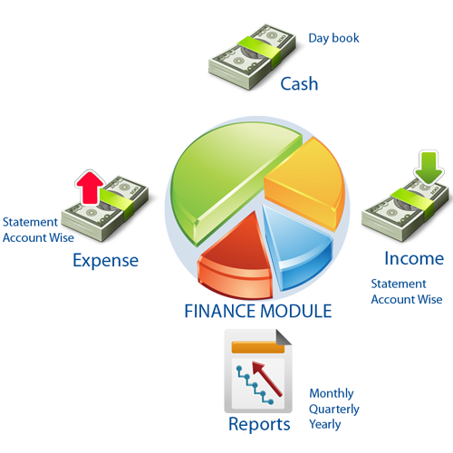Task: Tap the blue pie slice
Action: pyautogui.click(x=296, y=245)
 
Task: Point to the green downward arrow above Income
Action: pyautogui.click(x=429, y=168)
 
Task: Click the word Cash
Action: pyautogui.click(x=299, y=84)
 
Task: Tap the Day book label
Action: pyautogui.click(x=333, y=39)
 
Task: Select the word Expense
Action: pyautogui.click(x=106, y=261)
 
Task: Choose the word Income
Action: pyautogui.click(x=414, y=259)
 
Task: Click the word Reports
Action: pyautogui.click(x=259, y=425)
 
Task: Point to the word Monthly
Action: pyautogui.click(x=332, y=394)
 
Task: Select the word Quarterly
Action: pyautogui.click(x=334, y=410)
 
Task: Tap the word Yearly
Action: pyautogui.click(x=325, y=425)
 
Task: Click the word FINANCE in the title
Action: pyautogui.click(x=220, y=312)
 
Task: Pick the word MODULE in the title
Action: pyautogui.click(x=296, y=312)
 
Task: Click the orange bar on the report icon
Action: pyautogui.click(x=258, y=347)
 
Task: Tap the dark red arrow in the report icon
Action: pyautogui.click(x=267, y=379)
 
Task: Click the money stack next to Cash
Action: pyautogui.click(x=252, y=57)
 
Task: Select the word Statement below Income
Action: pyautogui.click(x=399, y=284)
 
